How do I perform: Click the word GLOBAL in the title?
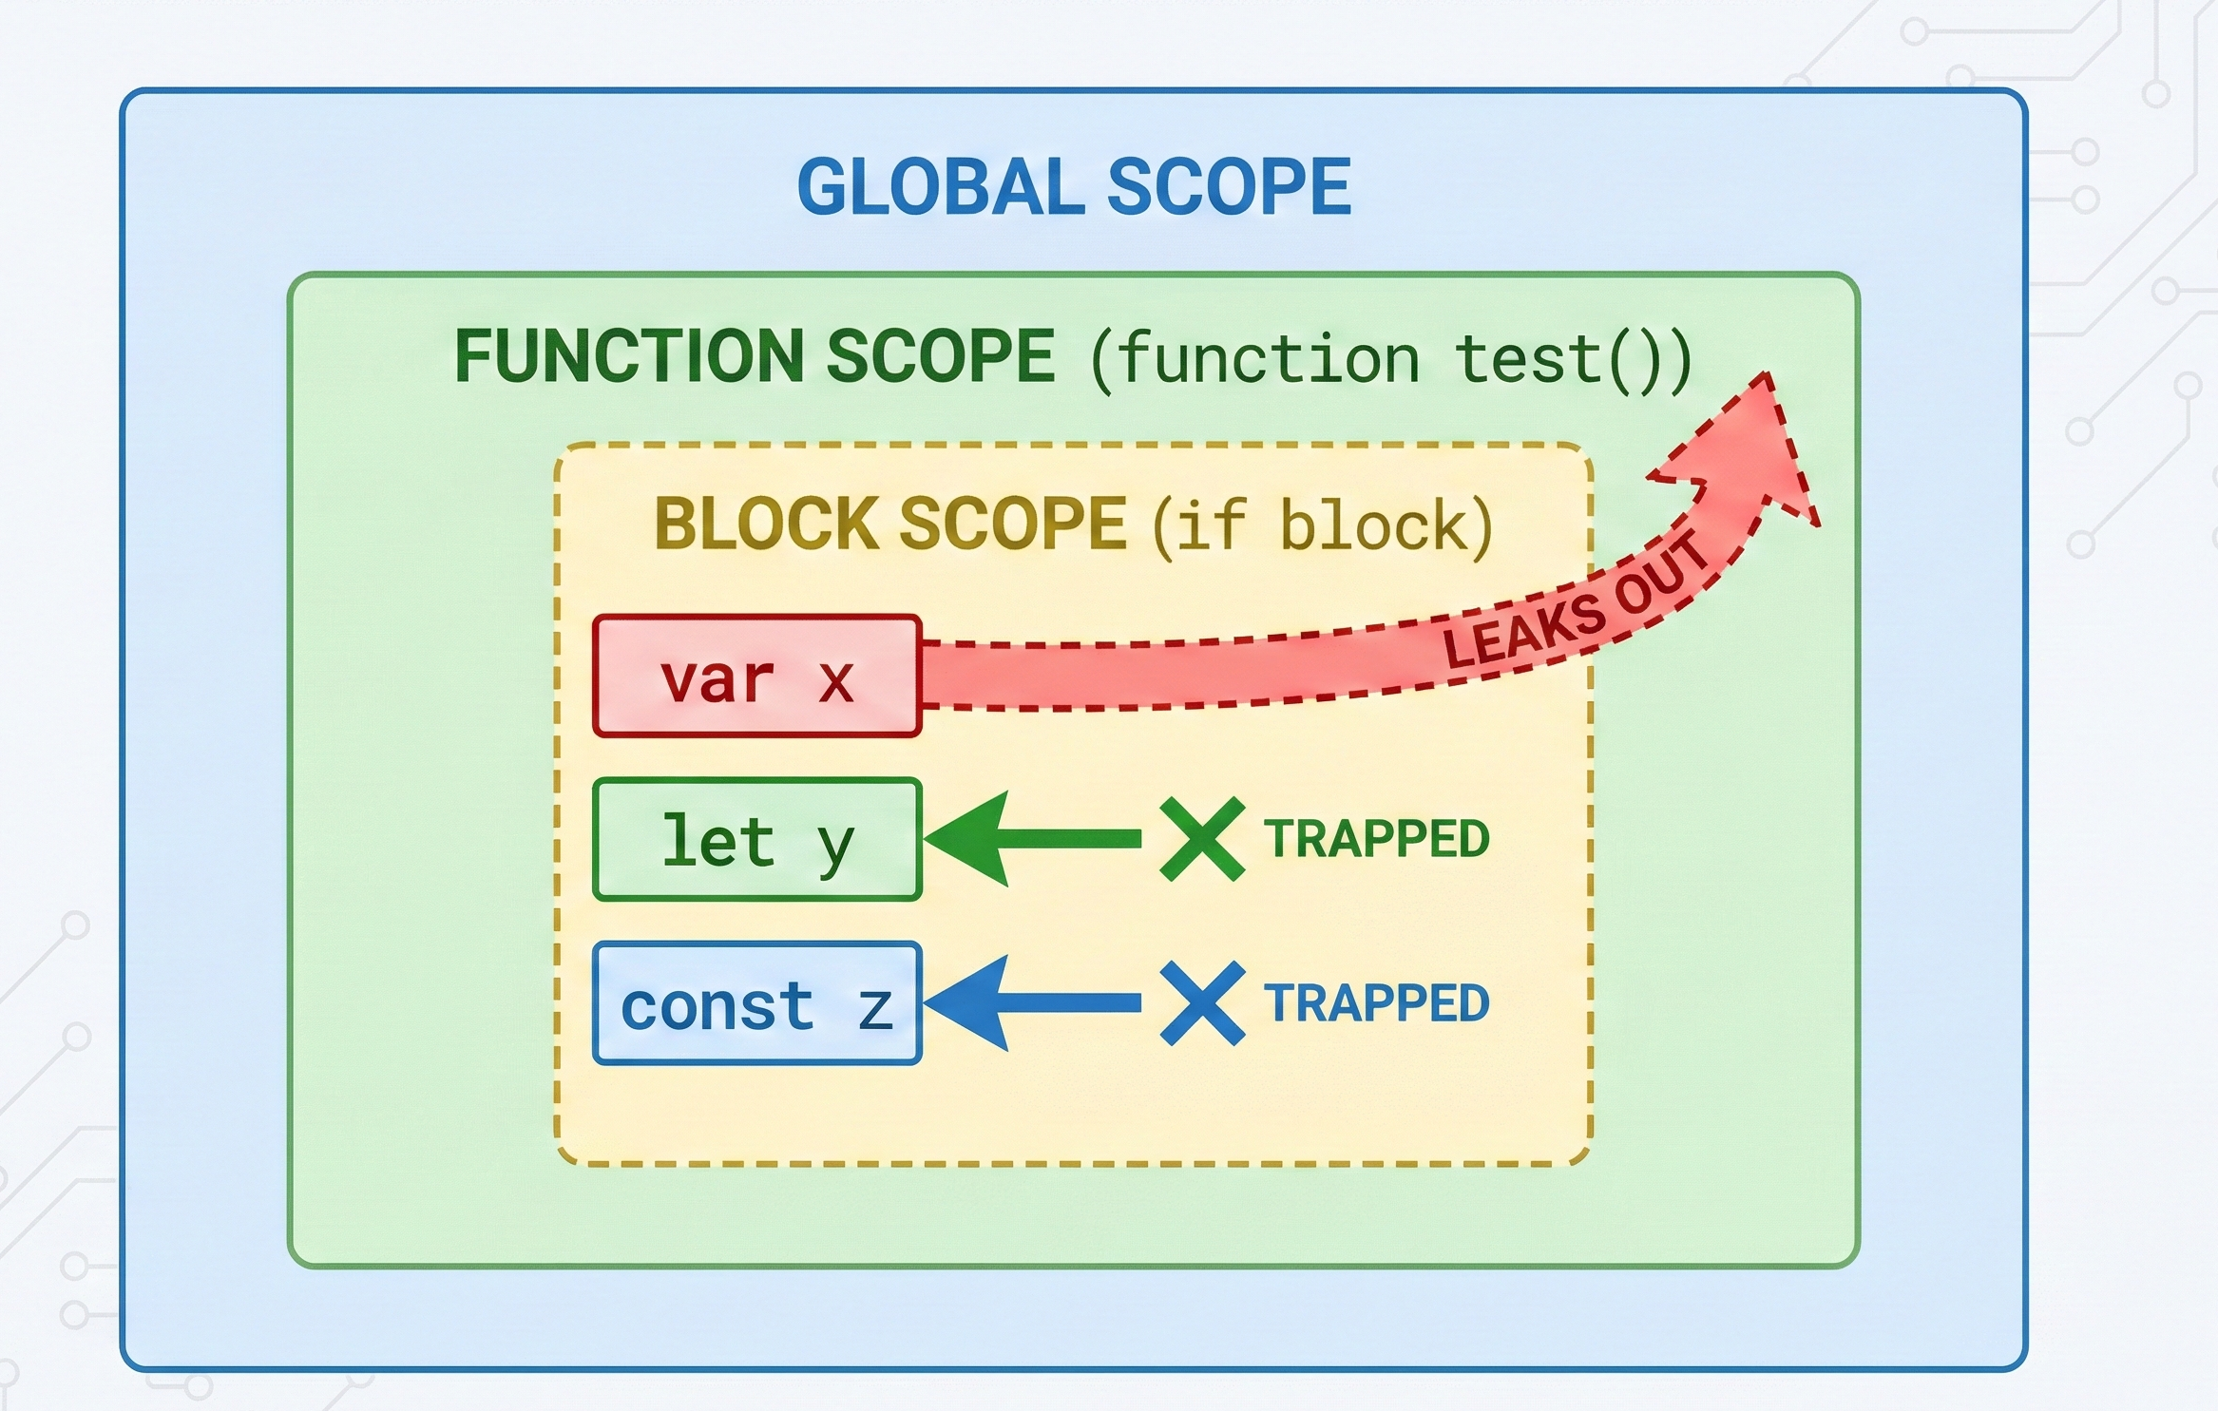940,187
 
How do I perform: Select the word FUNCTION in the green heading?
628,357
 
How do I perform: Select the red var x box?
756,677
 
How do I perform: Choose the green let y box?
756,840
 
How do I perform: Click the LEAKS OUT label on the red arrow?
1573,604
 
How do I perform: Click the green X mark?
1202,839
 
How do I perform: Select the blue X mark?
1202,1003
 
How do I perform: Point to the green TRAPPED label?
1376,839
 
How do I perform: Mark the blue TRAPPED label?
1376,1003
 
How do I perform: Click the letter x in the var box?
835,681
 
